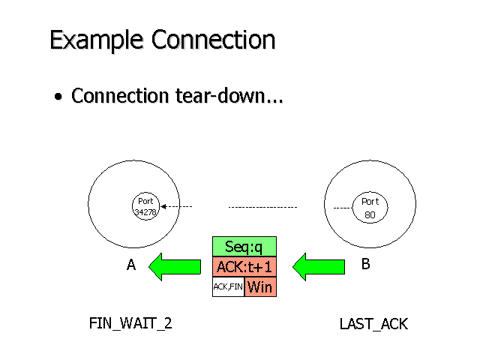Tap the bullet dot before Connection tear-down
(x=58, y=98)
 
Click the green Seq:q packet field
(x=244, y=247)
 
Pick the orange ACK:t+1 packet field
(x=244, y=267)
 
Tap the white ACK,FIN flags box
(x=228, y=287)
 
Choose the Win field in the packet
(x=260, y=287)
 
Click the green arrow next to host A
(x=175, y=265)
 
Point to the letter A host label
(x=131, y=265)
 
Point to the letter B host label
(x=366, y=264)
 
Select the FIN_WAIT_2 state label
(x=130, y=324)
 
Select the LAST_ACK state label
(x=373, y=324)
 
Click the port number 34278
(x=145, y=212)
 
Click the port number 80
(x=370, y=214)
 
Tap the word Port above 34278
(x=145, y=201)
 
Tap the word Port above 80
(x=370, y=202)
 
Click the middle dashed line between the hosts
(x=262, y=206)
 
